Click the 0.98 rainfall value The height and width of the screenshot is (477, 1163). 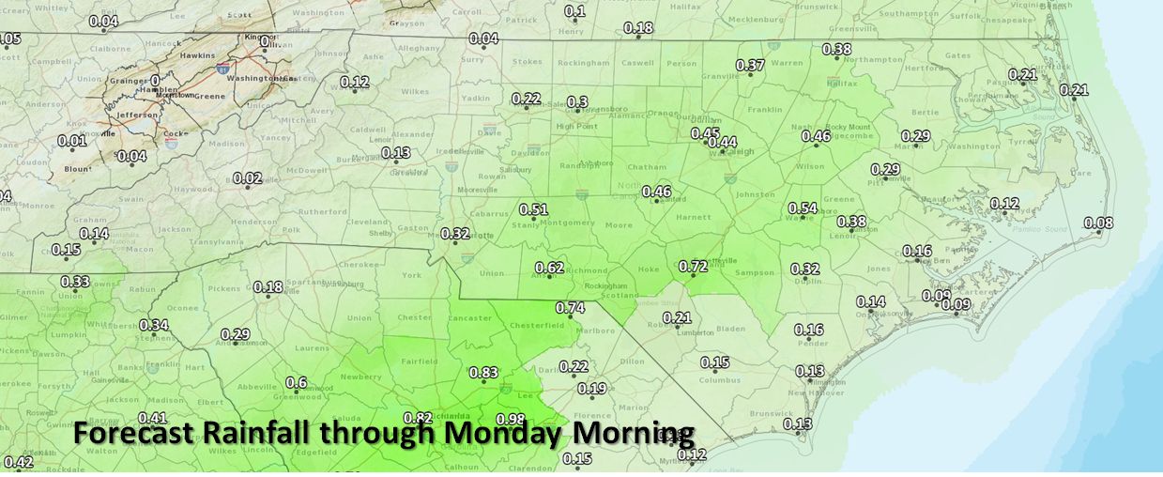pos(511,419)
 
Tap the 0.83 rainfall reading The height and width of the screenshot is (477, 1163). pos(482,372)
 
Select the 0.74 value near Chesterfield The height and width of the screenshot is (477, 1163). pos(570,307)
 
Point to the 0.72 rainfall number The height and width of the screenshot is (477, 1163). pos(692,266)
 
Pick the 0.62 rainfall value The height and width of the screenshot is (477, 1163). pos(549,268)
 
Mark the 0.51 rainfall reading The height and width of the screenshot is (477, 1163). pos(533,208)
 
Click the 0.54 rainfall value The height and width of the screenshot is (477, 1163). pos(803,208)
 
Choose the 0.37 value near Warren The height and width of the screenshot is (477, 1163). pos(750,65)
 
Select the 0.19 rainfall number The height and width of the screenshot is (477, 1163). pos(591,389)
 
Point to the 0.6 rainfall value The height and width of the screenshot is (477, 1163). pos(296,382)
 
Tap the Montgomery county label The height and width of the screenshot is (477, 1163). pos(573,223)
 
